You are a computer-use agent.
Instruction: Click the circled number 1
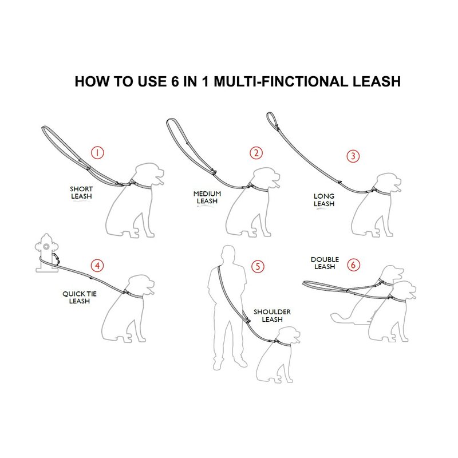coord(97,152)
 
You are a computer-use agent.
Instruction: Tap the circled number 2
coord(256,153)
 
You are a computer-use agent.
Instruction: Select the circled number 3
coord(353,156)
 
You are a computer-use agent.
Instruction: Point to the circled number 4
coord(97,266)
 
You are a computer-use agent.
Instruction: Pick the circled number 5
coord(258,266)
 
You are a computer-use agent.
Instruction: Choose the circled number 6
coord(353,265)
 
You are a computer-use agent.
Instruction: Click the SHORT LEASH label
coord(81,193)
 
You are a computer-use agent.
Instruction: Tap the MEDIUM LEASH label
coord(207,198)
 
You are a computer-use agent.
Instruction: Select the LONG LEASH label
coord(324,200)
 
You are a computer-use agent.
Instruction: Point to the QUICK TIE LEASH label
coord(80,297)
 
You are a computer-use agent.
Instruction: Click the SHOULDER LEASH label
coord(273,316)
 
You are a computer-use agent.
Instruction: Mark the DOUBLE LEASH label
coord(325,263)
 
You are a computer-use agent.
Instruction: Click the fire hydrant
coord(46,253)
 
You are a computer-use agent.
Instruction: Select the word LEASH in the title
coord(377,81)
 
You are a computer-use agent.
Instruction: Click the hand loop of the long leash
coord(271,120)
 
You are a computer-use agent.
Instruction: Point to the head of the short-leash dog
coord(149,174)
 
